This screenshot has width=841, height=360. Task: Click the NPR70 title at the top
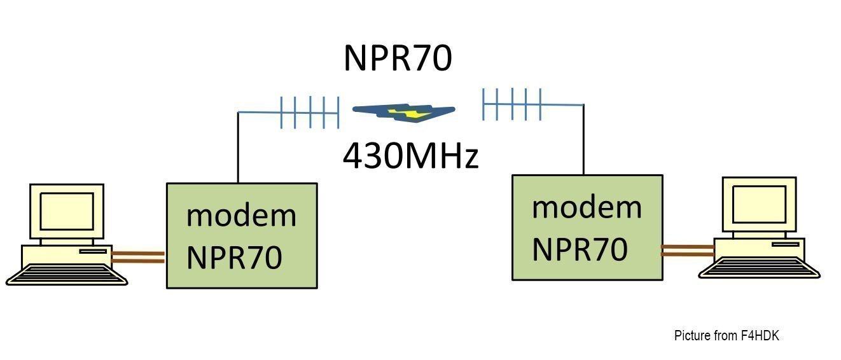[x=398, y=58]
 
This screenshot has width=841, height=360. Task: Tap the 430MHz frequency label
[x=410, y=156]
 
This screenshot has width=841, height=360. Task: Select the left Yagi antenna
[x=289, y=112]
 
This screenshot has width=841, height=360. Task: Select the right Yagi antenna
[x=532, y=104]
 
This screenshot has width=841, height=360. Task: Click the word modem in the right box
[x=587, y=207]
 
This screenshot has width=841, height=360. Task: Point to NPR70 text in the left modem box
[x=234, y=257]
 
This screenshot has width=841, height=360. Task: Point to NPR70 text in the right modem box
[x=580, y=249]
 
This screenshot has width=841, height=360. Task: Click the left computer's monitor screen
[x=67, y=211]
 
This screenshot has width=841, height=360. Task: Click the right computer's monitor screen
[x=759, y=204]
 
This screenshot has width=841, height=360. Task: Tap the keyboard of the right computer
[x=759, y=268]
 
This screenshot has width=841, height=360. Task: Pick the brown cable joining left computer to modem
[x=138, y=258]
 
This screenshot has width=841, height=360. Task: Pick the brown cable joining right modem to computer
[x=688, y=251]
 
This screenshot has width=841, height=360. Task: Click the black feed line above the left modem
[x=238, y=148]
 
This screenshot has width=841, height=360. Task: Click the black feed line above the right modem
[x=583, y=140]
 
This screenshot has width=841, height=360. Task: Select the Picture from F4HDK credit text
[x=726, y=336]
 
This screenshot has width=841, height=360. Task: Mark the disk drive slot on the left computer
[x=93, y=251]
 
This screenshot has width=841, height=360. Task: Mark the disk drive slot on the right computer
[x=785, y=244]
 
